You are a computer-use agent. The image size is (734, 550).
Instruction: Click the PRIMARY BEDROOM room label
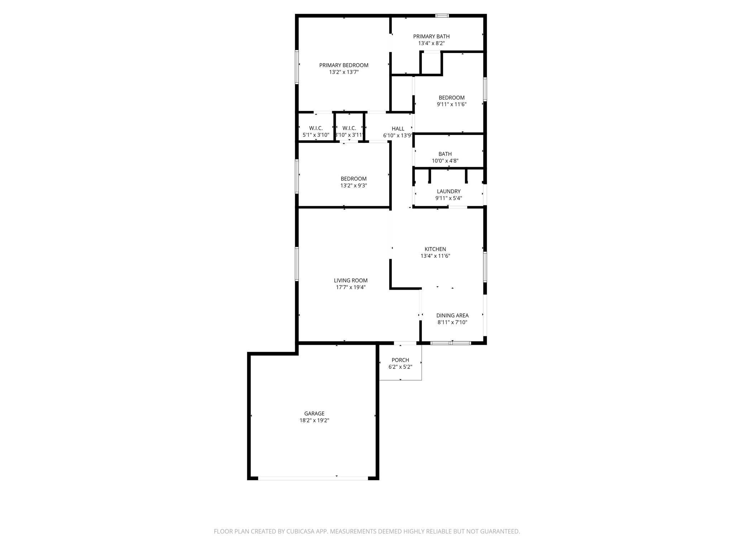pyautogui.click(x=344, y=65)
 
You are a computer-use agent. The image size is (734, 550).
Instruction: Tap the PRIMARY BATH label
pyautogui.click(x=431, y=36)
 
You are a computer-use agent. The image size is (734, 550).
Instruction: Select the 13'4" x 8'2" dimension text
pyautogui.click(x=431, y=43)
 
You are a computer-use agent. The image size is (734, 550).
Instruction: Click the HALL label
pyautogui.click(x=398, y=129)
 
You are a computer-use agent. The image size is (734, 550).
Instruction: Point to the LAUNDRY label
pyautogui.click(x=448, y=192)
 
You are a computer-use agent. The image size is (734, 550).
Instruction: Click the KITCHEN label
pyautogui.click(x=435, y=249)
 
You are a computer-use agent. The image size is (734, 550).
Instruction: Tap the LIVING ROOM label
pyautogui.click(x=351, y=280)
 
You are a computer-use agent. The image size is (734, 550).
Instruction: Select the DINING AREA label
pyautogui.click(x=452, y=315)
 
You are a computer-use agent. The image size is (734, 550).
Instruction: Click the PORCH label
pyautogui.click(x=400, y=360)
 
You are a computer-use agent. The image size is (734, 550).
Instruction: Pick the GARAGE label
pyautogui.click(x=314, y=414)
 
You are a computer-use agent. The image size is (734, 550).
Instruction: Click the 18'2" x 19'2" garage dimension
pyautogui.click(x=314, y=421)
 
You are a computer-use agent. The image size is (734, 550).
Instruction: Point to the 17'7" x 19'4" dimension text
pyautogui.click(x=351, y=288)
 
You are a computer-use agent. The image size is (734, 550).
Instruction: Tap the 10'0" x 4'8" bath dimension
pyautogui.click(x=445, y=161)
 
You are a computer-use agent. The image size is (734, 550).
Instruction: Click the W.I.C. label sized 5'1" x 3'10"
pyautogui.click(x=316, y=128)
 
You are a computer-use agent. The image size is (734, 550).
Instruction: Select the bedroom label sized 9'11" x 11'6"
pyautogui.click(x=452, y=98)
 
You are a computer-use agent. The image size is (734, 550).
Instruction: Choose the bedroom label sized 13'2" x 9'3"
pyautogui.click(x=353, y=179)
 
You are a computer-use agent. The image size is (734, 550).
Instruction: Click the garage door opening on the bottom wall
pyautogui.click(x=313, y=478)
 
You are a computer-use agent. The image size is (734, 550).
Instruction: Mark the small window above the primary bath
pyautogui.click(x=442, y=16)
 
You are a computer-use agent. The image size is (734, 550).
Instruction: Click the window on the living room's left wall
pyautogui.click(x=297, y=264)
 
